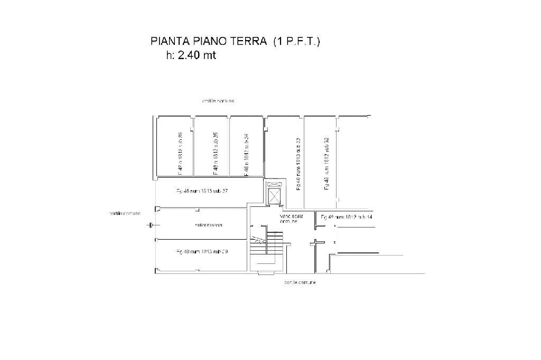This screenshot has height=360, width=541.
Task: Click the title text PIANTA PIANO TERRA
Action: pyautogui.click(x=209, y=42)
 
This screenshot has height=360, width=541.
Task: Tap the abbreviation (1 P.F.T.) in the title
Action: pyautogui.click(x=296, y=42)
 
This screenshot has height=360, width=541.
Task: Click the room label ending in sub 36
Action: pyautogui.click(x=180, y=153)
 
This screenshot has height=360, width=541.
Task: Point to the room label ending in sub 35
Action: pyautogui.click(x=216, y=153)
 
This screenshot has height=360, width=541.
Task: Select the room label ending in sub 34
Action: pyautogui.click(x=246, y=153)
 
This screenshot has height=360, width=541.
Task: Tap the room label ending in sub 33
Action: pyautogui.click(x=299, y=165)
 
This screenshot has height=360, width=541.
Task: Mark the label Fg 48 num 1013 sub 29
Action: pyautogui.click(x=202, y=252)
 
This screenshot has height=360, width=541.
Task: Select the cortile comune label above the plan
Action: pyautogui.click(x=218, y=101)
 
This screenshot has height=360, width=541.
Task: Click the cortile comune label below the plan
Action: pyautogui.click(x=300, y=283)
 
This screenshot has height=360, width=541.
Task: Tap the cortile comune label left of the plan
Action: pyautogui.click(x=125, y=213)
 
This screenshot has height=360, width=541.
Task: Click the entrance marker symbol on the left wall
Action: pyautogui.click(x=151, y=225)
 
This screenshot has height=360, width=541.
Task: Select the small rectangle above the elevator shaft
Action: pyautogui.click(x=275, y=184)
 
